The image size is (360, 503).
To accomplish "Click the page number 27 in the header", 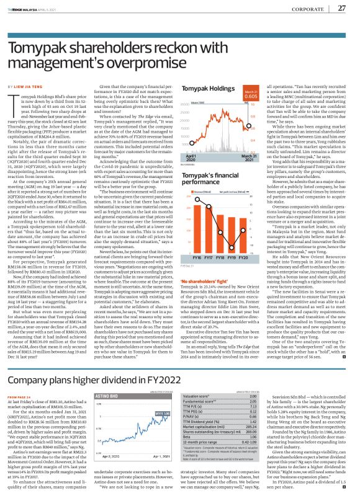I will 341,7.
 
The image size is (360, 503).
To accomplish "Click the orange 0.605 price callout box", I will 251,96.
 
